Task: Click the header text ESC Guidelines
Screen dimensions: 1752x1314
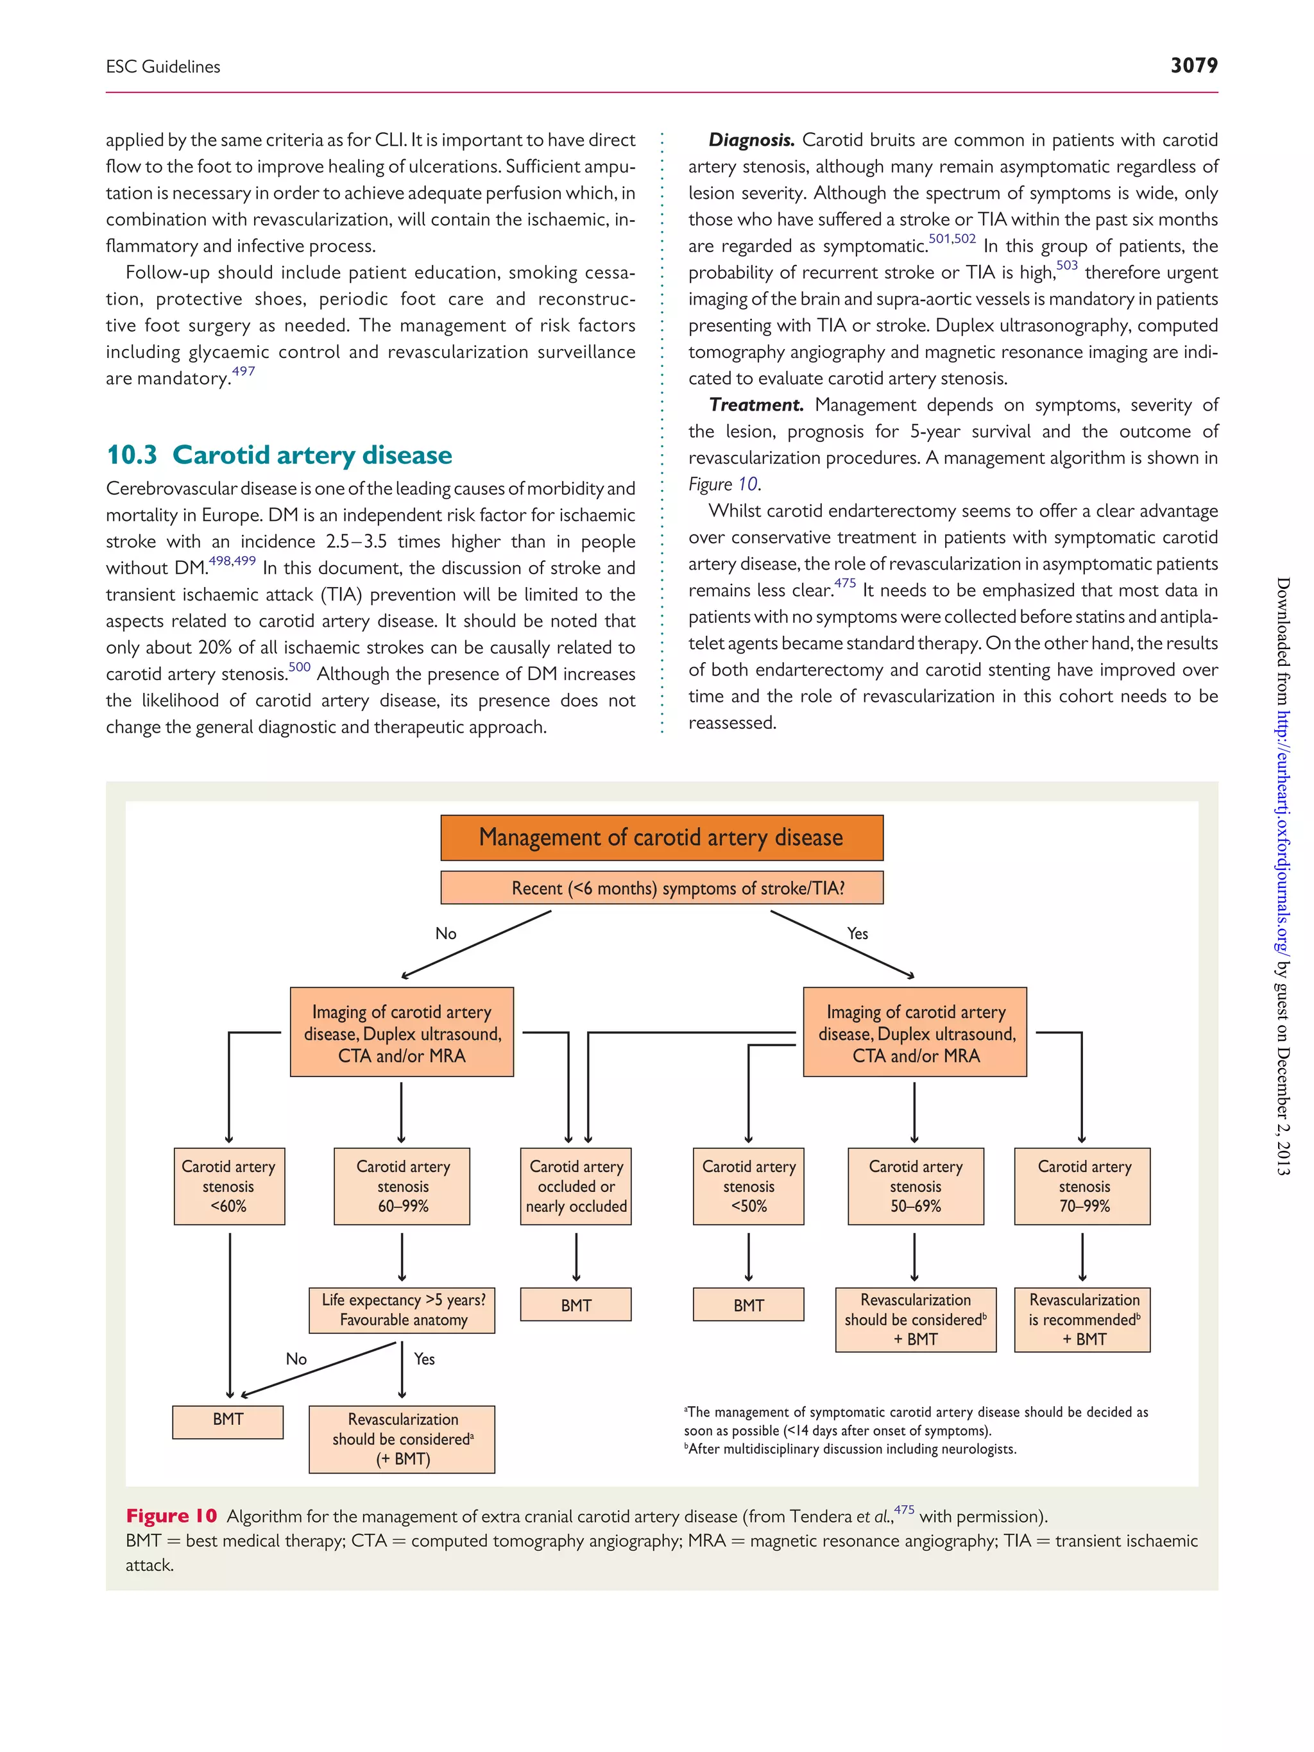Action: (163, 67)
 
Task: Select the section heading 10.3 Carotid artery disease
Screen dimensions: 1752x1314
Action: (279, 455)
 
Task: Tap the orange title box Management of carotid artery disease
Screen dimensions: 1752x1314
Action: (661, 838)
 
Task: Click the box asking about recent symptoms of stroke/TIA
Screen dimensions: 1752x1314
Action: (661, 888)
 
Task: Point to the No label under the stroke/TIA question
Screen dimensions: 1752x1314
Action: (446, 934)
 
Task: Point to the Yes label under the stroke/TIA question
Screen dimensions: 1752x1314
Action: (857, 934)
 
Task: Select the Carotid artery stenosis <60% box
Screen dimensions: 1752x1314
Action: (229, 1186)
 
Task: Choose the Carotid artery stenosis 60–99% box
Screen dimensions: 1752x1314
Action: (402, 1186)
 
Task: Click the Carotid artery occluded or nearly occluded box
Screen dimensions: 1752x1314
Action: (576, 1186)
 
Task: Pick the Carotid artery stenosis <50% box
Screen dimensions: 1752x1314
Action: (749, 1186)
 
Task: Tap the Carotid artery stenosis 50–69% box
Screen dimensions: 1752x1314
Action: (916, 1186)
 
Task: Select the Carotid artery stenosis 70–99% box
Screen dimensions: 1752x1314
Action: (1083, 1186)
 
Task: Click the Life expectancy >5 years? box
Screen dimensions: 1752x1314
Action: (402, 1309)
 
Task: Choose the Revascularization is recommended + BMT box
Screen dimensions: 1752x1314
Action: (1083, 1319)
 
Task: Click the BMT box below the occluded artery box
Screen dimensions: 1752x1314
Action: (576, 1304)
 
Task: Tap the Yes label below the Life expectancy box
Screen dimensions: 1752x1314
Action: (425, 1359)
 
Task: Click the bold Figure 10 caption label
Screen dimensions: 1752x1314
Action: (171, 1516)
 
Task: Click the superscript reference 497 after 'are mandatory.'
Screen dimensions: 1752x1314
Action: (243, 371)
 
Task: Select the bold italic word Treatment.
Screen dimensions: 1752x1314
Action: (756, 405)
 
